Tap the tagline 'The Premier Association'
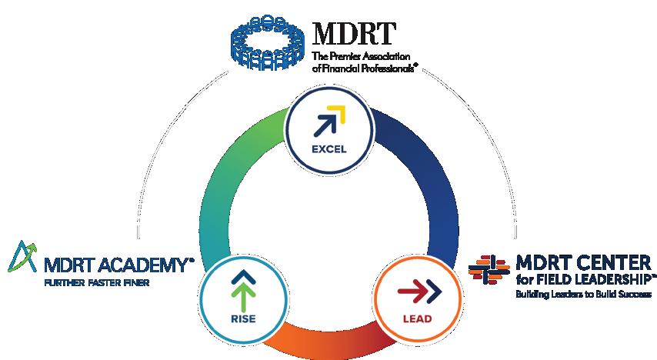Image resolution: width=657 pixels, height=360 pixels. pos(361,57)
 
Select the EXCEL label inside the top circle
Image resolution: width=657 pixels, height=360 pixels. pos(329,148)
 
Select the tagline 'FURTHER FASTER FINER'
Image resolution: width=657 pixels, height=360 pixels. pos(97,282)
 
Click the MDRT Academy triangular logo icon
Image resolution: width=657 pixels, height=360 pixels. pos(22,258)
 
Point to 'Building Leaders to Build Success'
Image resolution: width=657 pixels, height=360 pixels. pos(583,294)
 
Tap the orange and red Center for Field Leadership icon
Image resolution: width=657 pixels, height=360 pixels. pos(490,269)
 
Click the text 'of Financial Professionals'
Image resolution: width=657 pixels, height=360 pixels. pos(364,68)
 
